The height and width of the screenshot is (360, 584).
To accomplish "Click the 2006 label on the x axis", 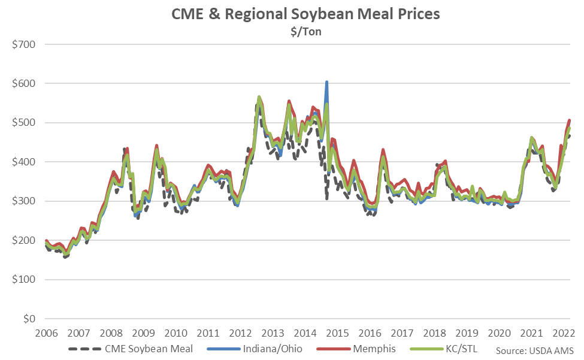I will click(x=46, y=333).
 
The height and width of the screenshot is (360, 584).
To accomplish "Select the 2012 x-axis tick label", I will click(x=240, y=333).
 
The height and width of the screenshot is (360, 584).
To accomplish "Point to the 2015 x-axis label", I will click(x=338, y=333).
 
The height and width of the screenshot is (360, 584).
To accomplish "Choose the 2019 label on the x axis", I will click(x=468, y=333).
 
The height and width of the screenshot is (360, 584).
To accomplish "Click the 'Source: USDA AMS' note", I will click(x=535, y=350).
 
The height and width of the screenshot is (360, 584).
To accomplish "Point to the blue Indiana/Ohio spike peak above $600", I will click(x=326, y=82).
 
